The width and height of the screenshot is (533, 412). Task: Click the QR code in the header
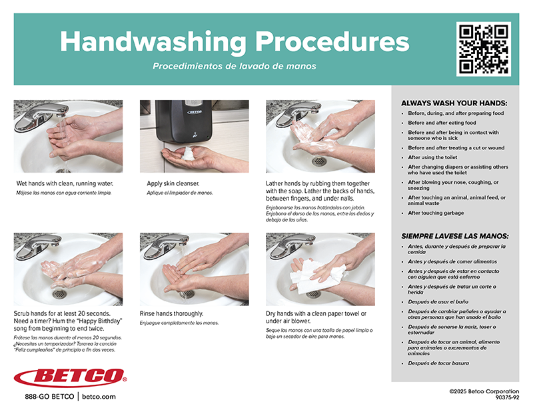484,49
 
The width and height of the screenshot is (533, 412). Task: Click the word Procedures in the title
332,42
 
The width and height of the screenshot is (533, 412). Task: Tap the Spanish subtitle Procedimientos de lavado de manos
235,66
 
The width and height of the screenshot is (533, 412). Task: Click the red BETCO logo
71,377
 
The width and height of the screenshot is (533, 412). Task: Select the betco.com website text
99,397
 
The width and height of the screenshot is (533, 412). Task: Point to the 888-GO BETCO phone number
49,397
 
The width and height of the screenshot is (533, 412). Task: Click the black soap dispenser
184,121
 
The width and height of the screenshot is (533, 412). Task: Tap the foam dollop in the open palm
187,153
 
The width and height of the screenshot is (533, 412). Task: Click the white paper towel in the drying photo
315,275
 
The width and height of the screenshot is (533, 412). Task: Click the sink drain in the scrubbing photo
59,294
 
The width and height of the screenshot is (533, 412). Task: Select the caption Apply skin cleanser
173,184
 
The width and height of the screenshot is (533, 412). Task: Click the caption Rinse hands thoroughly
172,314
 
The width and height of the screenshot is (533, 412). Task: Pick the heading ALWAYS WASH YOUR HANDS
454,103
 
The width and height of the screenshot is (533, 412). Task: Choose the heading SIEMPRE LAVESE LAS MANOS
455,236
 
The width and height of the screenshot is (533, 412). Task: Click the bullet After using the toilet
432,157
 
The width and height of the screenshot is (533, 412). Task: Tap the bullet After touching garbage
436,213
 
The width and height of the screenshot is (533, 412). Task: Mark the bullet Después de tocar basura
438,363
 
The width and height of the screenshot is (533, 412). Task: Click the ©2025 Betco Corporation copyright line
484,391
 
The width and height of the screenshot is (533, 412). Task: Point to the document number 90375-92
508,397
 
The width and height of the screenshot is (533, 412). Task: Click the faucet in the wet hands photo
41,116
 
